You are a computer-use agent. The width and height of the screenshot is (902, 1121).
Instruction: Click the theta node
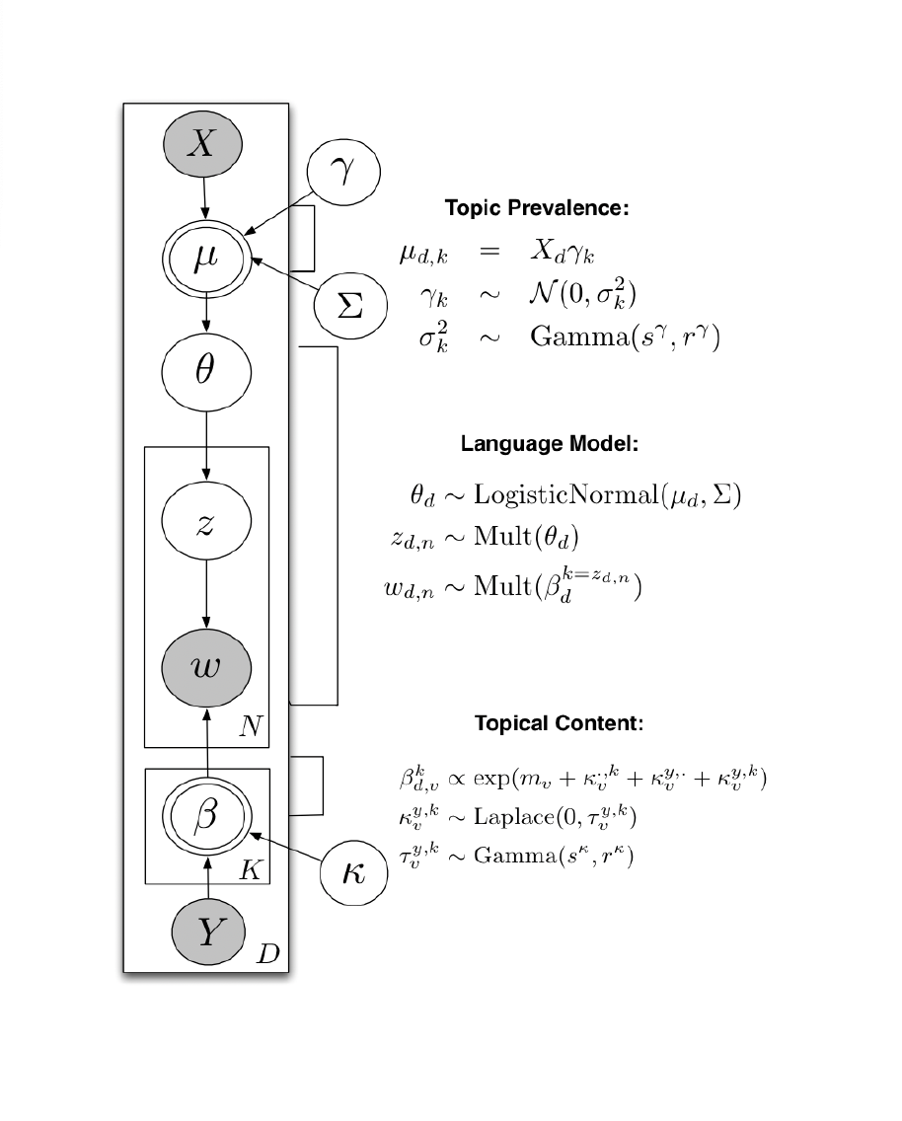pyautogui.click(x=205, y=376)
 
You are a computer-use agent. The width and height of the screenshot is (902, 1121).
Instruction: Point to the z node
pyautogui.click(x=205, y=525)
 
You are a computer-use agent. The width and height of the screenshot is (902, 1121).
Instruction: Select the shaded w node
pyautogui.click(x=205, y=668)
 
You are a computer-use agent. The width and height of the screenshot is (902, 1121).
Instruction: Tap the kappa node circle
pyautogui.click(x=352, y=872)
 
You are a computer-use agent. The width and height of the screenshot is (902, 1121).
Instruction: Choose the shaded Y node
pyautogui.click(x=206, y=931)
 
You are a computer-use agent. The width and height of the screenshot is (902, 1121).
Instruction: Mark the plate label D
pyautogui.click(x=267, y=954)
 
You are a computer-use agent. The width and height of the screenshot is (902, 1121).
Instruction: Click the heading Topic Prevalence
pyautogui.click(x=537, y=208)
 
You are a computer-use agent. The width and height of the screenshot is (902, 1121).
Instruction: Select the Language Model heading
pyautogui.click(x=550, y=444)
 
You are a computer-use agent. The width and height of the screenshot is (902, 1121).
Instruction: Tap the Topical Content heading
pyautogui.click(x=559, y=723)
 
